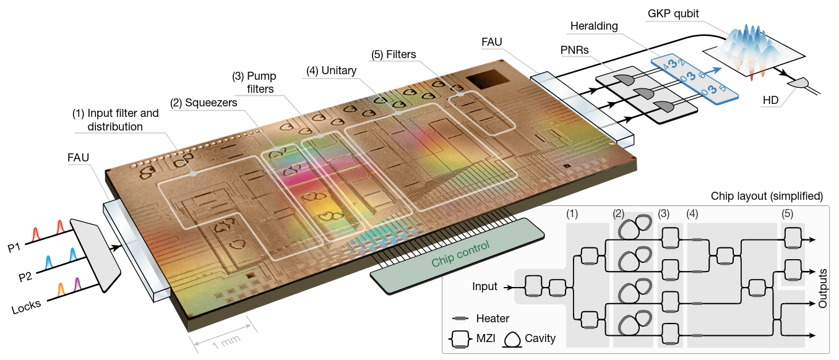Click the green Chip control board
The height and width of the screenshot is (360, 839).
(457, 256)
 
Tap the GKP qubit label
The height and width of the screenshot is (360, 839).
(673, 14)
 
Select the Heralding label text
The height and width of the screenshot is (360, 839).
(594, 26)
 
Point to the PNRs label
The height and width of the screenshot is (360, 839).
(574, 50)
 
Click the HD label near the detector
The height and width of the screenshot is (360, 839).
(770, 100)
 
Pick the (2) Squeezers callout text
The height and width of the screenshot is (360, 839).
(204, 103)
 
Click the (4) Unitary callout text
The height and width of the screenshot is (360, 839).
(331, 71)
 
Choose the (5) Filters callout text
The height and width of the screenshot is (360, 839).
(394, 54)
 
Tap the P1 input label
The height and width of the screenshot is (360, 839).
(14, 247)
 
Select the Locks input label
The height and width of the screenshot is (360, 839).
(26, 307)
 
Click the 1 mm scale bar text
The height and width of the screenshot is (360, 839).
(226, 341)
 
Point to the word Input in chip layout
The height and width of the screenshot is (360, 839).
(484, 286)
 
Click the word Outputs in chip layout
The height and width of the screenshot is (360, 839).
(822, 288)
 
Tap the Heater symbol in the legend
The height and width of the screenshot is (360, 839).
(460, 319)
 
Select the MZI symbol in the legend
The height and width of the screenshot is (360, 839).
(460, 339)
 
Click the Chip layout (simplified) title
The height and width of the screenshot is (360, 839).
(767, 196)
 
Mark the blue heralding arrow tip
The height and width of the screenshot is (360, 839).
(721, 68)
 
